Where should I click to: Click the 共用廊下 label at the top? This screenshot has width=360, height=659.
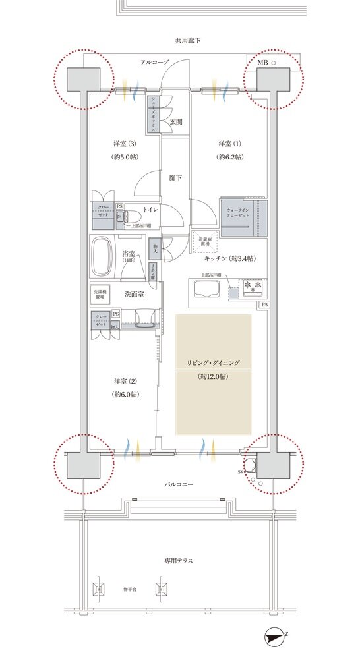pyautogui.click(x=188, y=40)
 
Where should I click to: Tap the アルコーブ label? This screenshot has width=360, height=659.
pyautogui.click(x=153, y=62)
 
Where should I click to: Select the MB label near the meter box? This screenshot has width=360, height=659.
pyautogui.click(x=262, y=63)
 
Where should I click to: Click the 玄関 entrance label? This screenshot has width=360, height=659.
pyautogui.click(x=175, y=121)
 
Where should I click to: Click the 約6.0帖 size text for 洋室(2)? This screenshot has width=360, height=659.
pyautogui.click(x=124, y=394)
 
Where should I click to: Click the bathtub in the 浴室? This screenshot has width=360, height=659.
pyautogui.click(x=103, y=256)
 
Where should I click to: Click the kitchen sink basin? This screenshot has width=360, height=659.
pyautogui.click(x=206, y=289)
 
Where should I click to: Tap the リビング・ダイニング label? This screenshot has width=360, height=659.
pyautogui.click(x=212, y=363)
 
